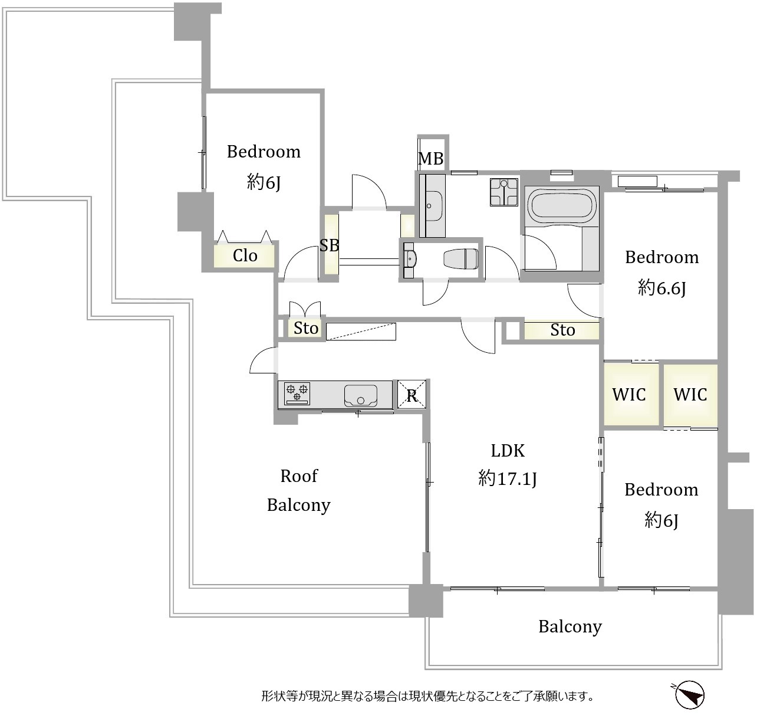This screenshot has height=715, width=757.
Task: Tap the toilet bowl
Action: (461, 259)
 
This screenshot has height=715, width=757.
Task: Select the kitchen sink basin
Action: (361, 395)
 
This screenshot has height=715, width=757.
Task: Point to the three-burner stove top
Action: (297, 393)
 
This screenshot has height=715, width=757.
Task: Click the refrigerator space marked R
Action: (412, 395)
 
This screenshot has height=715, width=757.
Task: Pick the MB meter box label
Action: (431, 159)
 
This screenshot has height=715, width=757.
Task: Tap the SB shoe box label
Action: (329, 245)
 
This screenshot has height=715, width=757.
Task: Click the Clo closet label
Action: (245, 255)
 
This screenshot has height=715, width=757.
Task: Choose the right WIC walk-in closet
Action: (690, 395)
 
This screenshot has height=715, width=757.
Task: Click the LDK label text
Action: (508, 451)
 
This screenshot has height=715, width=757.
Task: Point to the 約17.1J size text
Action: (508, 478)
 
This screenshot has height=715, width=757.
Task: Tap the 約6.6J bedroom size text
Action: (661, 288)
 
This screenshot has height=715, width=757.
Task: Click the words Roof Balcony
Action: (299, 491)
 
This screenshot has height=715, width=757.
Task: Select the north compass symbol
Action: (689, 694)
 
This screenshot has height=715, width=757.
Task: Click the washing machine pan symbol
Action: (504, 192)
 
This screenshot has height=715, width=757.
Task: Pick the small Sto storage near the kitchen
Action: (306, 328)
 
